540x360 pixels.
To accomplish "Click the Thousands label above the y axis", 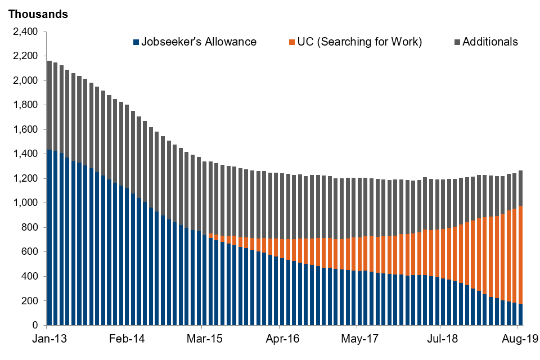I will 38,15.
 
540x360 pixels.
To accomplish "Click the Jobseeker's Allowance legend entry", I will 199,42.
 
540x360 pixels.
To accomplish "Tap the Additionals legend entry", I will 490,42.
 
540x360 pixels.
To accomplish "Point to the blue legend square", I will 136,42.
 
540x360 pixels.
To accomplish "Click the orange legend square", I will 291,42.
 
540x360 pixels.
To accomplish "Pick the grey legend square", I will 457,42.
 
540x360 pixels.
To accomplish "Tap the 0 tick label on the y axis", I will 35,325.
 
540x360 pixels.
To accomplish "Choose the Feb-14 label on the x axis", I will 124,339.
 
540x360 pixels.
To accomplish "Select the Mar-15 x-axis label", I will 201,339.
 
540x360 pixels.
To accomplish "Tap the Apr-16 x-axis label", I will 279,339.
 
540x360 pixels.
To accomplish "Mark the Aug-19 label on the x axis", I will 518,339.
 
